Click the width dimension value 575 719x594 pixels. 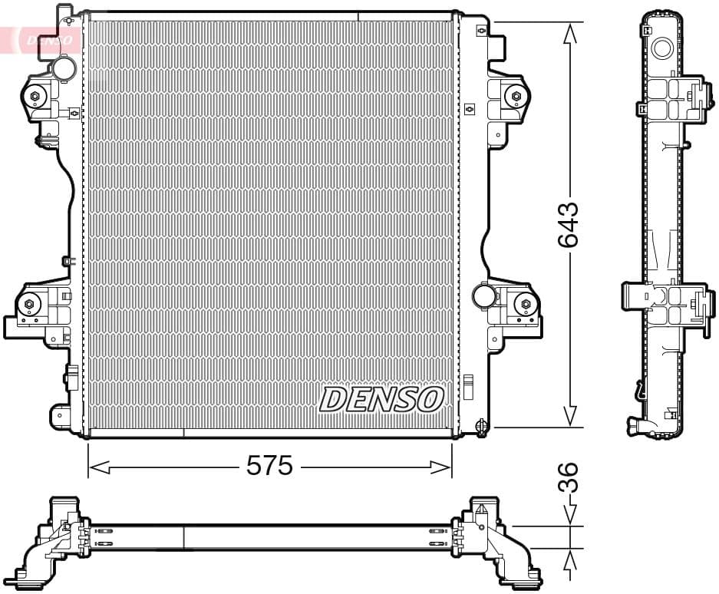click(x=269, y=465)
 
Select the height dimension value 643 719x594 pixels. click(x=569, y=224)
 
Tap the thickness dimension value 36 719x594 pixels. click(x=569, y=477)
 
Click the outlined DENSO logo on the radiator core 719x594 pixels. click(x=381, y=399)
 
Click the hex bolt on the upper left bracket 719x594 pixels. click(x=35, y=96)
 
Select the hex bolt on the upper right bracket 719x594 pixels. click(x=516, y=96)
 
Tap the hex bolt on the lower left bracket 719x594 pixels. click(x=29, y=305)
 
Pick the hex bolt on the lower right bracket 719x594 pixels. click(x=526, y=304)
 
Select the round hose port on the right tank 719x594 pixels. click(x=483, y=295)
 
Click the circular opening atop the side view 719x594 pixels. click(x=661, y=48)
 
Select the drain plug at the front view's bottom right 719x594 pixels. click(x=481, y=425)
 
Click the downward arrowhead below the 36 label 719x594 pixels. click(x=569, y=516)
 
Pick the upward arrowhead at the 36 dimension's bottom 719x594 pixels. click(x=569, y=563)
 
